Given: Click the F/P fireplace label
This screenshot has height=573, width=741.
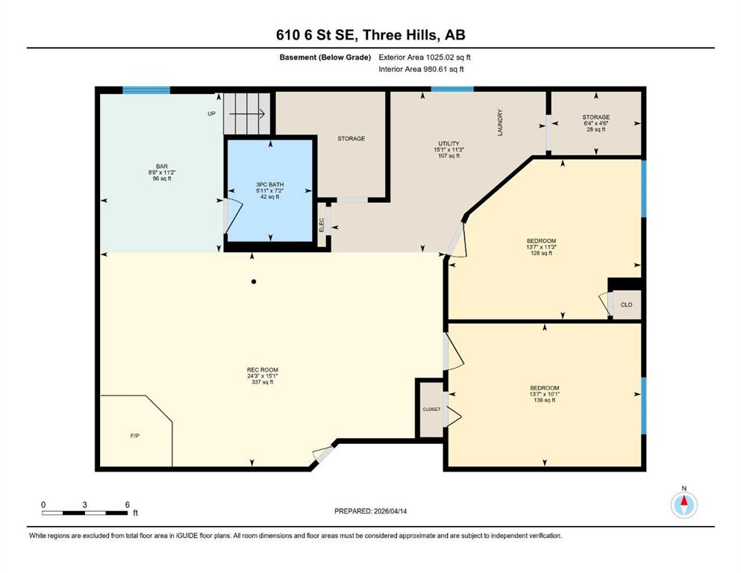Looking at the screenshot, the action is (x=134, y=436).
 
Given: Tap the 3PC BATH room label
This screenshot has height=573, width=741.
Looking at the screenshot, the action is (x=270, y=184).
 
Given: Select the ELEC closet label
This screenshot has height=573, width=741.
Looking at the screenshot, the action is (x=322, y=225).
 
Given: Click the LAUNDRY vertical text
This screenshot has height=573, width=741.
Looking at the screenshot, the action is (x=500, y=123).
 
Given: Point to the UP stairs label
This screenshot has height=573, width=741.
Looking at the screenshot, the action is (x=212, y=114).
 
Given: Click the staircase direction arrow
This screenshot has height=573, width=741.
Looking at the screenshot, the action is (x=247, y=114).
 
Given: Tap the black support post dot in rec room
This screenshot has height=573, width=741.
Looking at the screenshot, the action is (x=254, y=281).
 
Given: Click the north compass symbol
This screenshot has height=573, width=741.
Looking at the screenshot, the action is (x=684, y=504).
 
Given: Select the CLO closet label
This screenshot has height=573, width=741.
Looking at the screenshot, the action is (x=626, y=304).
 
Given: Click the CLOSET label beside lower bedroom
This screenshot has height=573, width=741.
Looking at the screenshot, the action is (x=431, y=409).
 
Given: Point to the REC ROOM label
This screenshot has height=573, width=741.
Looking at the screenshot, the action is (x=262, y=370).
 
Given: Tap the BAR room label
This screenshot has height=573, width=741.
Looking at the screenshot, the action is (x=162, y=166).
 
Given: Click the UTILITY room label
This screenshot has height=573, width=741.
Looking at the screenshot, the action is (x=448, y=143).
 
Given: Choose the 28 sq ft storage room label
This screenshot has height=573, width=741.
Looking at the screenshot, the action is (x=596, y=129).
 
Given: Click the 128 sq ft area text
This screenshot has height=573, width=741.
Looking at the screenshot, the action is (x=542, y=253).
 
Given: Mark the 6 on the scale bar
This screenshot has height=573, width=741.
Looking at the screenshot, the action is (x=127, y=504).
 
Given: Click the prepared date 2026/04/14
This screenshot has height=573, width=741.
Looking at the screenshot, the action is (x=390, y=511).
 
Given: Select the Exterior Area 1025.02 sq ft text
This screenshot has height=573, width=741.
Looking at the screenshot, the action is (x=425, y=57).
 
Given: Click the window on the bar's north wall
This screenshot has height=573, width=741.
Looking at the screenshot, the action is (x=146, y=90).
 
